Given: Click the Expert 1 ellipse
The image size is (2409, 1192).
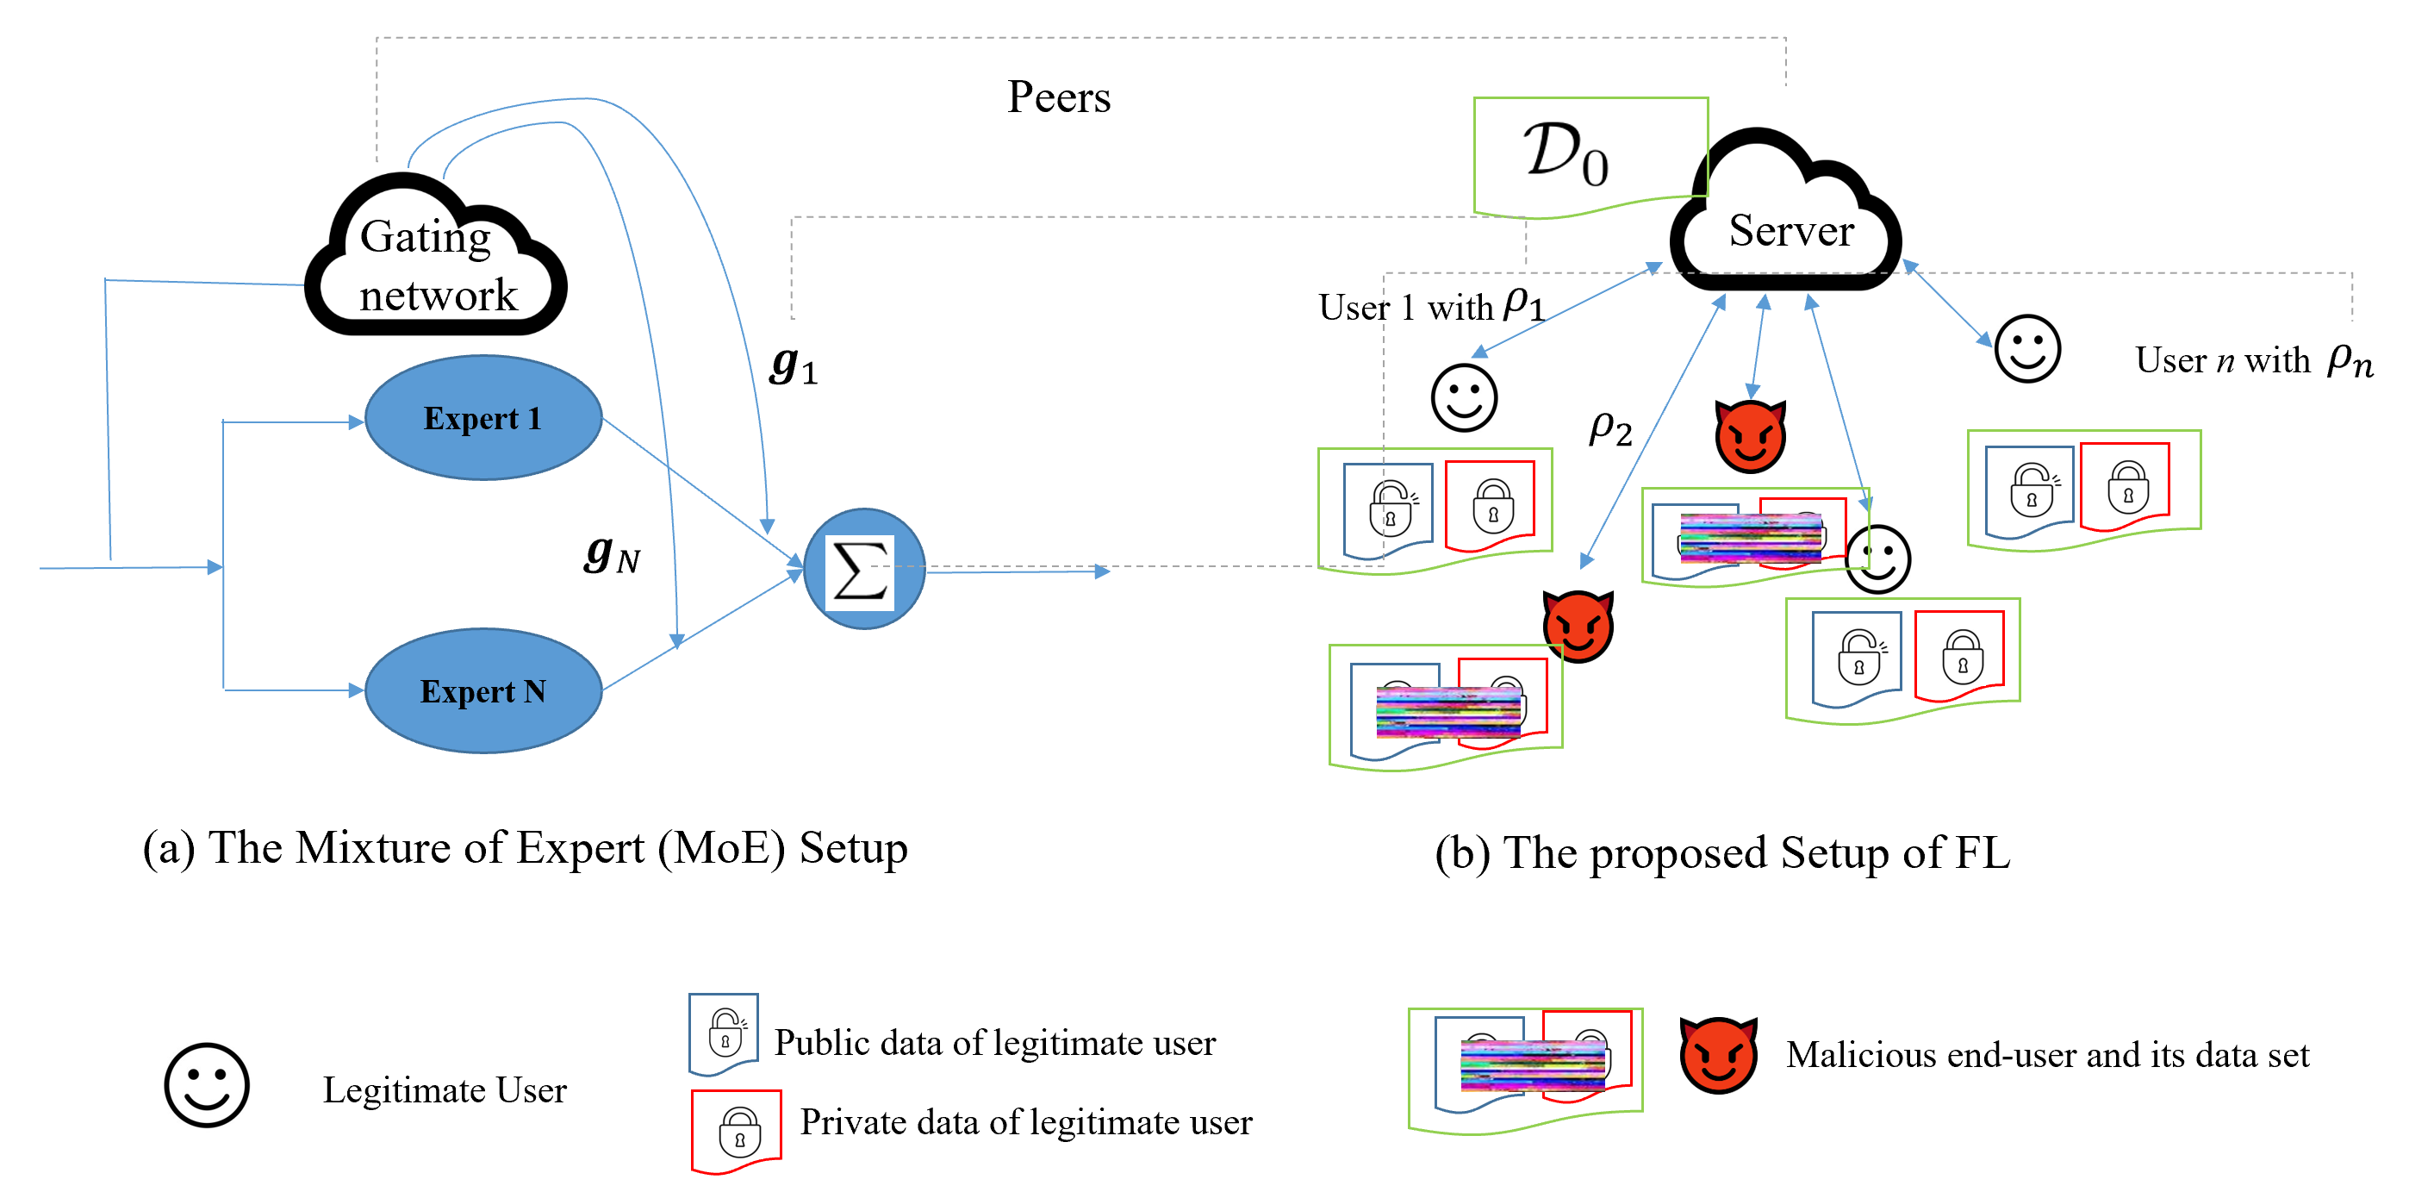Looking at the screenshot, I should (x=482, y=417).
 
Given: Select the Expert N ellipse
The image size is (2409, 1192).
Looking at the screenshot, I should (x=482, y=690).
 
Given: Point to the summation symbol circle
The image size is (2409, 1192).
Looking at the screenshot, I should (x=863, y=569).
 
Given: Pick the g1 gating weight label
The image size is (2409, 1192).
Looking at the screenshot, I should (x=793, y=365).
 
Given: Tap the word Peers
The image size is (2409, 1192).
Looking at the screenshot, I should (x=1059, y=97).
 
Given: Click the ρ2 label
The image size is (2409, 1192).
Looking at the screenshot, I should (x=1610, y=428).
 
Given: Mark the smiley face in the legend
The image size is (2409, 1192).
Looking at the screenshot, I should (x=207, y=1085).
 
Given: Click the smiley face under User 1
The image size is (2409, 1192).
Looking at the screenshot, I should (x=1464, y=397).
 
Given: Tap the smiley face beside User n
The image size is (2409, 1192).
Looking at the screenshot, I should (x=2026, y=349).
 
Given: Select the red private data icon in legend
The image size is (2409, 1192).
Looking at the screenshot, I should (x=737, y=1130).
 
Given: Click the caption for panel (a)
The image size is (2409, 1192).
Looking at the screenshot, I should (x=525, y=849).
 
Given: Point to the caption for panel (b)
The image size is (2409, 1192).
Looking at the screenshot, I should (x=1722, y=853).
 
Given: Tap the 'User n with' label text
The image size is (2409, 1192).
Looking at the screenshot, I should (x=2222, y=360).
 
